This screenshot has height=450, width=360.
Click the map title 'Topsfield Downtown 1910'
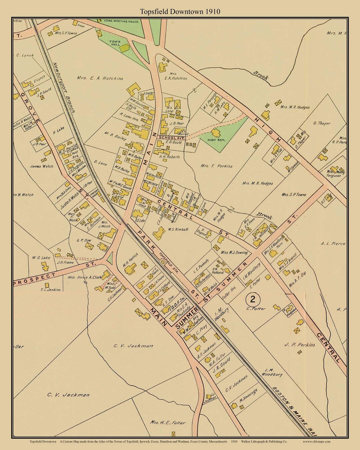click(x=180, y=12)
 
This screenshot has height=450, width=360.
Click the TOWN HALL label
click(x=115, y=43)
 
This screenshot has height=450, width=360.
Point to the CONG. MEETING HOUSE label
click(x=121, y=21)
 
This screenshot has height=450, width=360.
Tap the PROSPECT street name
click(x=35, y=279)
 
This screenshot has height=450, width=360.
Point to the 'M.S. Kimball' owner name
click(x=178, y=229)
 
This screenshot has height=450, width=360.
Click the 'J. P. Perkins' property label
click(x=300, y=345)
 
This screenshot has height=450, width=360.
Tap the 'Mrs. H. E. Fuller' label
click(x=167, y=423)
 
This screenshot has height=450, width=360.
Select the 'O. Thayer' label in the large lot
click(x=322, y=123)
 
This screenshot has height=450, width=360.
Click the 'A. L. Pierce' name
click(x=333, y=244)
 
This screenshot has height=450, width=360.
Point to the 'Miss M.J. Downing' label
click(x=234, y=252)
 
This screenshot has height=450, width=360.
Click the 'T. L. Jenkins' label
click(x=50, y=290)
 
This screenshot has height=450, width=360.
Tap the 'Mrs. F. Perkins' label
click(x=216, y=166)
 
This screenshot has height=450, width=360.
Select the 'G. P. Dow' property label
click(x=84, y=240)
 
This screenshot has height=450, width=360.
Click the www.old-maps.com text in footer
click(x=317, y=441)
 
